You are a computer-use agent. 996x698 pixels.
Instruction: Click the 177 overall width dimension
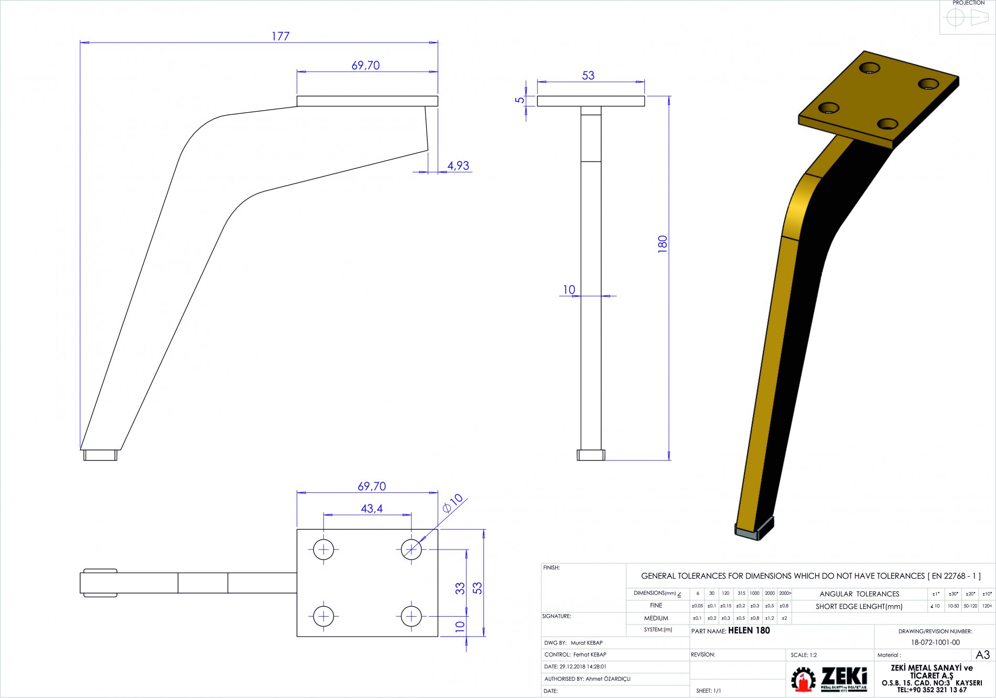point(280,36)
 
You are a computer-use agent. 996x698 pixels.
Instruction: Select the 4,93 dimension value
point(458,166)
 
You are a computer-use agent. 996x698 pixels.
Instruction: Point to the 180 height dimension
point(663,244)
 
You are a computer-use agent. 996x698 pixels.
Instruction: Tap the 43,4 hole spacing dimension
point(372,509)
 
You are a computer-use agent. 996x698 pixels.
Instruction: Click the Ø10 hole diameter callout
point(452,503)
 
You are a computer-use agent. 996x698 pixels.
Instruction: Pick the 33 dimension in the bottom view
point(460,588)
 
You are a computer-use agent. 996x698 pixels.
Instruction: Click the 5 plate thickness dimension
point(519,100)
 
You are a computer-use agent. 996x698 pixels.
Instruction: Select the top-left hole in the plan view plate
point(324,550)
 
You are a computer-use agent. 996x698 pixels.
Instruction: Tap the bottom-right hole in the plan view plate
point(412,616)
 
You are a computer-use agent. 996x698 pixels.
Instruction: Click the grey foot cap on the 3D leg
point(755,529)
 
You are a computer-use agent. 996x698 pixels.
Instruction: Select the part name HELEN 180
point(749,630)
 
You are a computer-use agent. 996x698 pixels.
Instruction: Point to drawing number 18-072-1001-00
point(935,642)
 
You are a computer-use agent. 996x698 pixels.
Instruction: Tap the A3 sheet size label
point(982,654)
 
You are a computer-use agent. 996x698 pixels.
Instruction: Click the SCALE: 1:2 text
point(804,655)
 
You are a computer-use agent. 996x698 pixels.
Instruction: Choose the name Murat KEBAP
point(587,643)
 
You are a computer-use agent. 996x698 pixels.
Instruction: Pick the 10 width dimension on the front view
point(569,289)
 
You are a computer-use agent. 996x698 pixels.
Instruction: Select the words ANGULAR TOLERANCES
point(859,594)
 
